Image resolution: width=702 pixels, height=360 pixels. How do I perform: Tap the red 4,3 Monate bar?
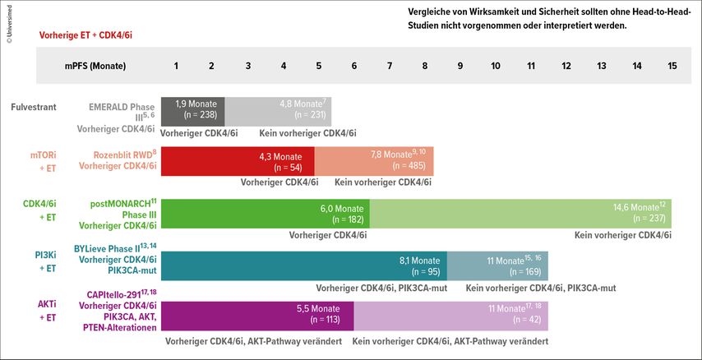click(x=238, y=161)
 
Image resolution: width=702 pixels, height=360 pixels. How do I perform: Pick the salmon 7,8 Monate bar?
click(x=373, y=161)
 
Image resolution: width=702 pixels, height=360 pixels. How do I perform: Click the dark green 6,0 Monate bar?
click(x=266, y=214)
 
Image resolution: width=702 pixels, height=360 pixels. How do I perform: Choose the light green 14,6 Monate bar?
click(x=520, y=214)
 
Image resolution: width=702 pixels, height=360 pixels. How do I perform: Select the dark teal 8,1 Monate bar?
click(x=304, y=266)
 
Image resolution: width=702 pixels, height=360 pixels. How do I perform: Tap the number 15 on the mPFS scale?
click(x=672, y=65)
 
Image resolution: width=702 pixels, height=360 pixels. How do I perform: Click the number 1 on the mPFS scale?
click(x=177, y=65)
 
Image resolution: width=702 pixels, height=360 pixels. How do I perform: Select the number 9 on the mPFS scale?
click(x=460, y=65)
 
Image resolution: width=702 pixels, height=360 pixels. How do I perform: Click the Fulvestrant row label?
click(x=34, y=106)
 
